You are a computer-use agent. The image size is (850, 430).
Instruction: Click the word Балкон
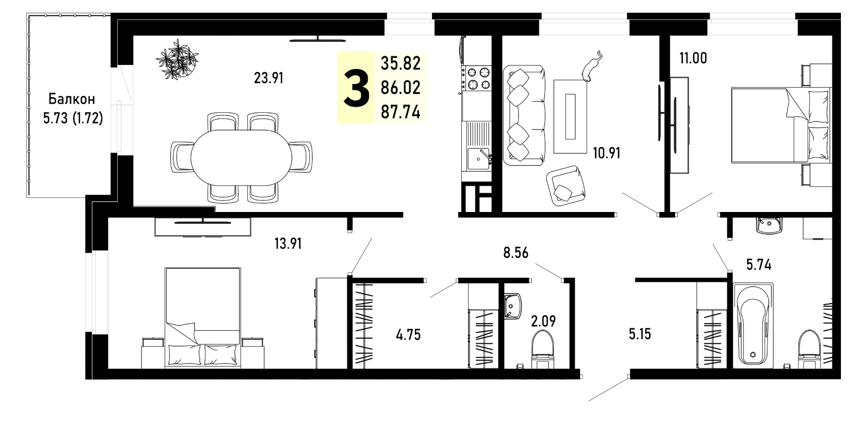(72, 99)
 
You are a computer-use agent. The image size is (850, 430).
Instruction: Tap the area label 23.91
(269, 78)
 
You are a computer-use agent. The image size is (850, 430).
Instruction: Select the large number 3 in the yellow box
(357, 88)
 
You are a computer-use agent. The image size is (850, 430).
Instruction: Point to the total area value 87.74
(401, 112)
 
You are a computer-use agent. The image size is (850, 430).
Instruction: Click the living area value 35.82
(401, 63)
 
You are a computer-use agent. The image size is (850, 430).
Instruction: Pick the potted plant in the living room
(177, 59)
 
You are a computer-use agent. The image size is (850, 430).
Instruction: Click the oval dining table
(241, 158)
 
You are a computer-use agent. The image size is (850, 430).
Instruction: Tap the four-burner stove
(478, 78)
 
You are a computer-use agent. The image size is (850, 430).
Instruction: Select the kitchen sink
(478, 158)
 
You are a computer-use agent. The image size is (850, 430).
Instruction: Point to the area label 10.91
(607, 153)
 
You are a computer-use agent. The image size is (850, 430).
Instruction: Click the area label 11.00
(693, 58)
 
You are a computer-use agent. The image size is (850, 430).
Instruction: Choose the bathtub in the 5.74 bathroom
(753, 325)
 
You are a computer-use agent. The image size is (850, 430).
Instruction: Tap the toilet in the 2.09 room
(543, 349)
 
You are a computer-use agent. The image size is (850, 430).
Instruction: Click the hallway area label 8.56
(516, 252)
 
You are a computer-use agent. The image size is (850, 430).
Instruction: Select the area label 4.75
(408, 335)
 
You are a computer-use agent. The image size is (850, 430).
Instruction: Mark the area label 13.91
(288, 244)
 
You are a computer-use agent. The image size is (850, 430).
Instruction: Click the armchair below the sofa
(566, 186)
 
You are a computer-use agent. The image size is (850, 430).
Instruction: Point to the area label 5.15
(640, 334)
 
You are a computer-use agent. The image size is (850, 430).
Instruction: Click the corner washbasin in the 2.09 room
(513, 306)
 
